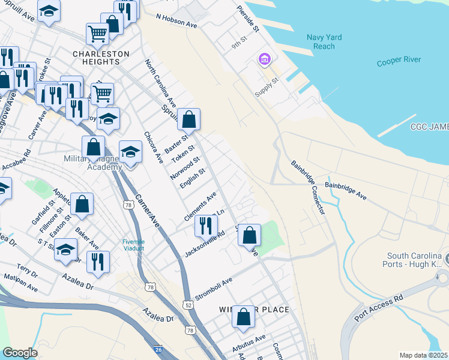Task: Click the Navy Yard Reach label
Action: (324, 42)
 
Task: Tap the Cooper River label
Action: (399, 61)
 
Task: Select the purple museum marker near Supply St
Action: (264, 59)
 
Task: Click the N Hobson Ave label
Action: (176, 22)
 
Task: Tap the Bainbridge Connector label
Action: (308, 187)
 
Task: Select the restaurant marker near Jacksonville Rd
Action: (205, 226)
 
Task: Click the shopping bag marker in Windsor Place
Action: (243, 317)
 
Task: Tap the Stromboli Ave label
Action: (213, 289)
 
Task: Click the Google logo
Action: (20, 353)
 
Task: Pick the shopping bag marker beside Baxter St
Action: (188, 119)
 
